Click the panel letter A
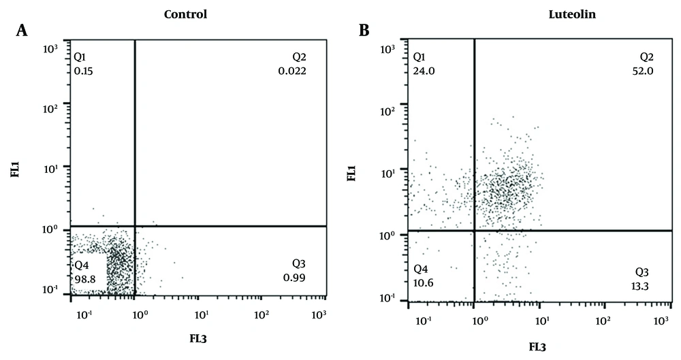pos(23,31)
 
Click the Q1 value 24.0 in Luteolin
pos(423,70)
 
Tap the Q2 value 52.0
pos(642,70)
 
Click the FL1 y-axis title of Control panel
pos(15,169)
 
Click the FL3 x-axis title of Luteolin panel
pos(535,346)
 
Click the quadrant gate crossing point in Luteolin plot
pos(474,231)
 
